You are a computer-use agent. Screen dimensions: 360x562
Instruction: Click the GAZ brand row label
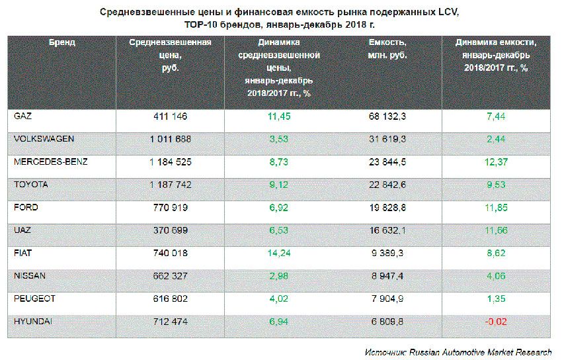coord(23,116)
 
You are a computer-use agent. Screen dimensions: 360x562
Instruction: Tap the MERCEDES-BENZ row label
coord(50,161)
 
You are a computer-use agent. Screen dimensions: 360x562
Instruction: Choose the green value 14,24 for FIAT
coord(278,253)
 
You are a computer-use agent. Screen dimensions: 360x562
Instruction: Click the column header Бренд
coord(61,42)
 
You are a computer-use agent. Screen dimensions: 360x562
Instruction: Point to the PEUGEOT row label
coord(34,298)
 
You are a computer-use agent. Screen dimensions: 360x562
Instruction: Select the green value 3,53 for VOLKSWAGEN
coord(278,139)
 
